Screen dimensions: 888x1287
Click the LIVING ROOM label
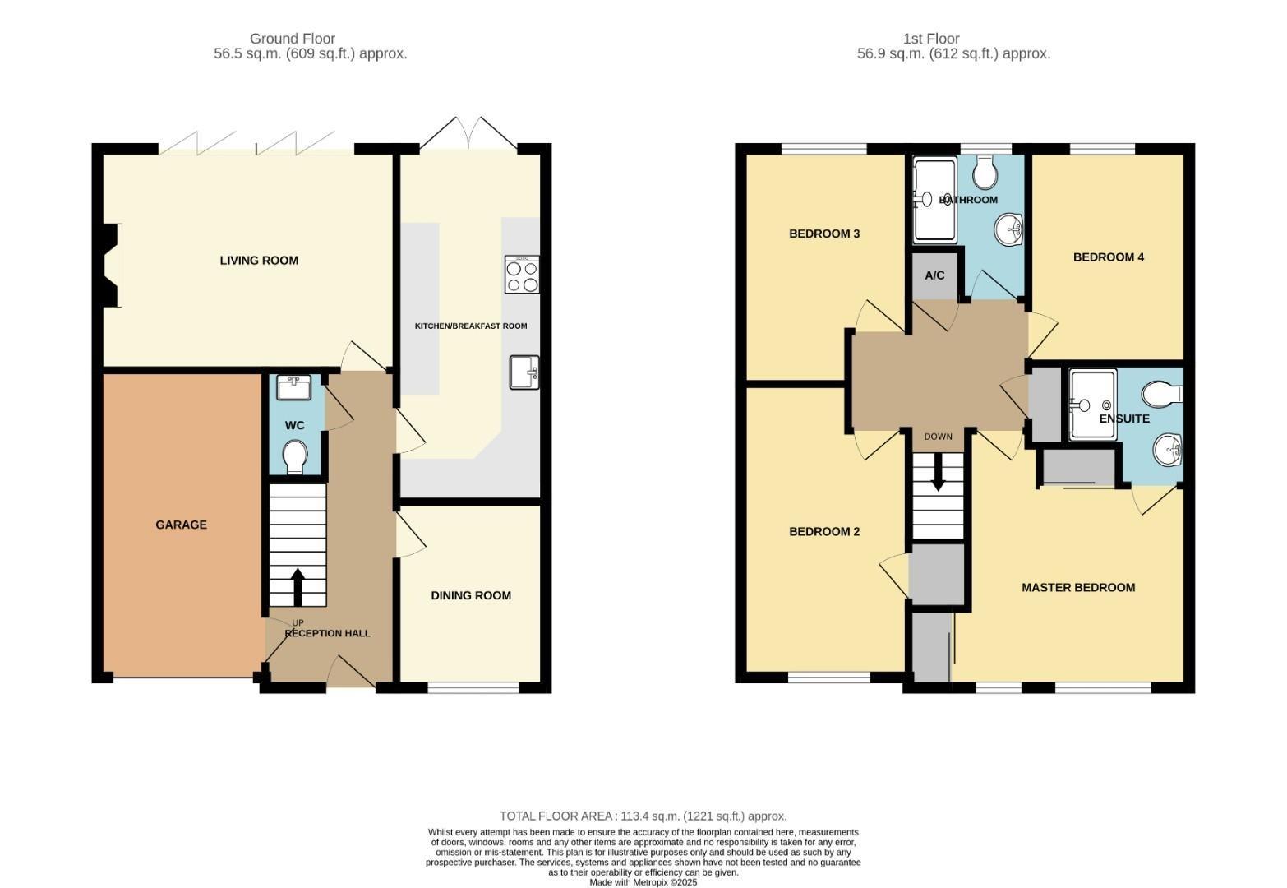[x=259, y=261]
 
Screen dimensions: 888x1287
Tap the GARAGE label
[x=181, y=525]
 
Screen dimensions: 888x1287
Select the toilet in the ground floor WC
[x=294, y=456]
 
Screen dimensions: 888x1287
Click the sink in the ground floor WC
[x=294, y=386]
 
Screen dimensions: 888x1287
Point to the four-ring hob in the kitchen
[x=523, y=275]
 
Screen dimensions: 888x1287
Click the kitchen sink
[x=524, y=372]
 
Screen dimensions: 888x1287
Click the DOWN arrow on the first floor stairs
[x=938, y=479]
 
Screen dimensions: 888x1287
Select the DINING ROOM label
[x=471, y=595]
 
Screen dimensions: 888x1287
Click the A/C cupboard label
[x=934, y=275]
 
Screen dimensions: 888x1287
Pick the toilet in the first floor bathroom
[x=985, y=173]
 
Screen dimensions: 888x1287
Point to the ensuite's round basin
[x=1167, y=450]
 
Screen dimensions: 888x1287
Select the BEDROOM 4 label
[x=1108, y=257]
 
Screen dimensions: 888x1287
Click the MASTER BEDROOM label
[x=1077, y=587]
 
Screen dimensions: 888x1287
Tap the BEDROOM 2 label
[x=823, y=531]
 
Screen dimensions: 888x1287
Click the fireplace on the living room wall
[x=110, y=265]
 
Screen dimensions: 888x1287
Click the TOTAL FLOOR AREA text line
[x=643, y=816]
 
